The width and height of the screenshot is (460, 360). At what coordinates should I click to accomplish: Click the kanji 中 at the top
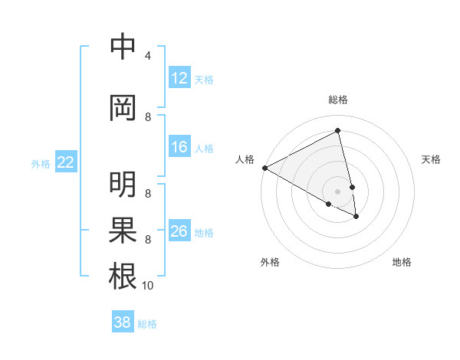tap(123, 47)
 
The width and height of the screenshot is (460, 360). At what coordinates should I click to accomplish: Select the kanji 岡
tap(123, 109)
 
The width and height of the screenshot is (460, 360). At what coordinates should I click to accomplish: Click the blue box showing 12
tap(179, 78)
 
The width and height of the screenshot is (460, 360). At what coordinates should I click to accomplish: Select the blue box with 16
tap(179, 147)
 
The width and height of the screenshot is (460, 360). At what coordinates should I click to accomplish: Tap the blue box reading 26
tap(179, 231)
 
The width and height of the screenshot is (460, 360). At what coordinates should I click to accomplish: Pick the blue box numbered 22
tap(66, 162)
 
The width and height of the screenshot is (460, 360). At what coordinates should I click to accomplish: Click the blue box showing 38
tap(123, 322)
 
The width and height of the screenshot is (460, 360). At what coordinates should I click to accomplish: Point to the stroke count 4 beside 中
tap(148, 56)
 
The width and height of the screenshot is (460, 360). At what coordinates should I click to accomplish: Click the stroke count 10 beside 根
tap(148, 286)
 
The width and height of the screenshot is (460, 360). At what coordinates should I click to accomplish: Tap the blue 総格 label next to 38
tap(147, 324)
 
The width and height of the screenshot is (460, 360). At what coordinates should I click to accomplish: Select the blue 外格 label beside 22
tap(41, 163)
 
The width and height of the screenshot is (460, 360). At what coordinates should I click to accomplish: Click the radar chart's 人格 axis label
tap(245, 159)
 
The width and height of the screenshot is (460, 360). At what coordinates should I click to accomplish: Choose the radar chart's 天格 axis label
tap(431, 159)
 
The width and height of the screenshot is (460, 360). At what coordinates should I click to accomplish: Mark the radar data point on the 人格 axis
tap(264, 167)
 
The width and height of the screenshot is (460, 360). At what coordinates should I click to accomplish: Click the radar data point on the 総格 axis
tap(337, 130)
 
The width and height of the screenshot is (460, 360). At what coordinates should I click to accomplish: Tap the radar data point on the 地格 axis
tap(356, 217)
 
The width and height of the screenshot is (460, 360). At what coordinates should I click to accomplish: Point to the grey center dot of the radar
tap(337, 191)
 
